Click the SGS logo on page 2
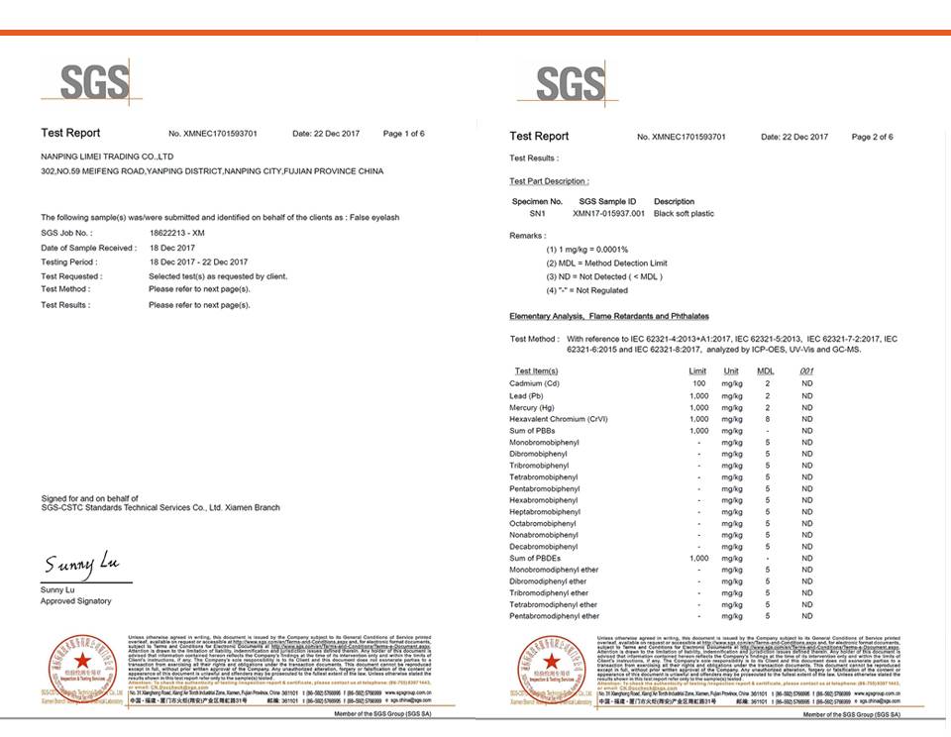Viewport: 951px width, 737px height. point(570,84)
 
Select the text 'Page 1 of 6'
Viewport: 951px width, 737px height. point(403,134)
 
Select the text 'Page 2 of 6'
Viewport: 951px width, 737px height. point(872,137)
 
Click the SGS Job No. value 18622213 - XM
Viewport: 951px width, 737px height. point(177,233)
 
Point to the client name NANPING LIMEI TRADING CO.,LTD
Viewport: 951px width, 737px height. point(107,157)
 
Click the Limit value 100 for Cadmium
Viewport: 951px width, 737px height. point(698,382)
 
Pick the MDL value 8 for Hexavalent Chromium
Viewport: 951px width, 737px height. point(767,419)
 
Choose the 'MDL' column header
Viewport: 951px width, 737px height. point(766,370)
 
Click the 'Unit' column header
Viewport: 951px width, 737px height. point(731,370)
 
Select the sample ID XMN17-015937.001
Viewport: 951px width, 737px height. point(611,213)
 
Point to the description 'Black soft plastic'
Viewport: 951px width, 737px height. point(685,213)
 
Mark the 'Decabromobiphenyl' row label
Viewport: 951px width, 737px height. point(544,547)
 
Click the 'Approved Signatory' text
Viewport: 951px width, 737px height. point(76,601)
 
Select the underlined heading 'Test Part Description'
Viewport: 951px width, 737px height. point(549,181)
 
